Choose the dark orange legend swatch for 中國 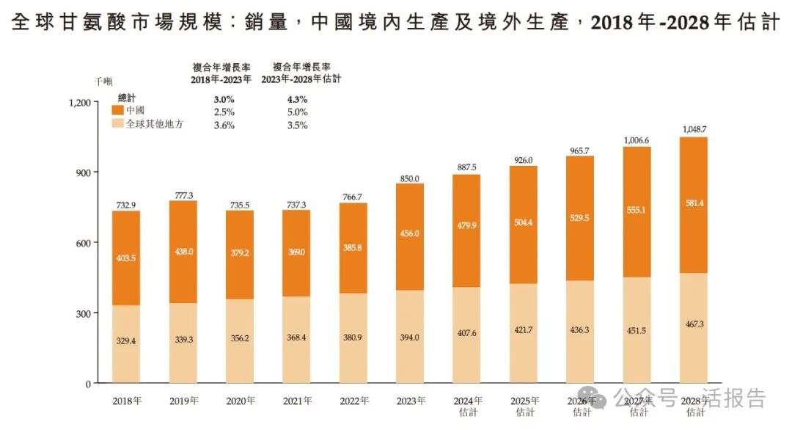click(117, 110)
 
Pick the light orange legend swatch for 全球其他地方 click(117, 124)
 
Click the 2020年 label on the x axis click(240, 401)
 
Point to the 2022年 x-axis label click(353, 401)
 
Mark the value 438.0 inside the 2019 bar click(183, 251)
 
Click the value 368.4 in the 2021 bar click(296, 339)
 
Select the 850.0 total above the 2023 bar click(410, 178)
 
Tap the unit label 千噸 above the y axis click(103, 82)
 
